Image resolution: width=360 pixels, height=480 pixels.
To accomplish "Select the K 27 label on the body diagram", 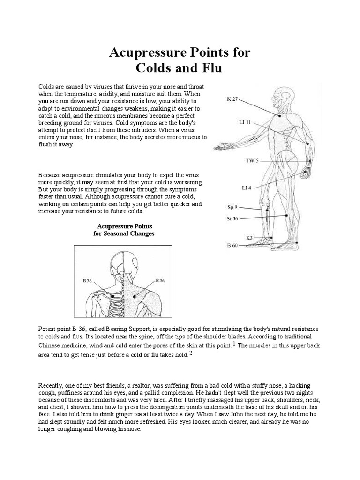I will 233,99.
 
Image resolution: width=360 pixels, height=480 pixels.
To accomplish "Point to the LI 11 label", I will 245,123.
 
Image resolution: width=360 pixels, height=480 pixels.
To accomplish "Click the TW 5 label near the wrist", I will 252,161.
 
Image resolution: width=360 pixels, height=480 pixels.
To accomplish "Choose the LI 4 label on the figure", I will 247,187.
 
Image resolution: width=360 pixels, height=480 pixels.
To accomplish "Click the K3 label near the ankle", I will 249,238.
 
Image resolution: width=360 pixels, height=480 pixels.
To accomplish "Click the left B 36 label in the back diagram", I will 88,281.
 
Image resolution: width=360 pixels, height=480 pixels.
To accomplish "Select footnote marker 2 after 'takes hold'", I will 191,353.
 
